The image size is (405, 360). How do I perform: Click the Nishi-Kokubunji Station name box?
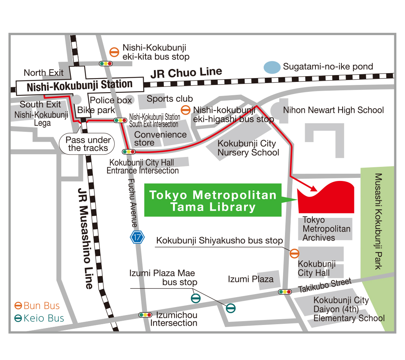[80, 85]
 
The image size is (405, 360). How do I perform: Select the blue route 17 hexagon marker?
[137, 237]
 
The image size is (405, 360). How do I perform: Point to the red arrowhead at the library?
[313, 188]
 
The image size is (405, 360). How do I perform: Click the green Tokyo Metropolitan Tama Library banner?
[213, 200]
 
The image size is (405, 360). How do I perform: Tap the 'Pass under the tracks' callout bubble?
[88, 144]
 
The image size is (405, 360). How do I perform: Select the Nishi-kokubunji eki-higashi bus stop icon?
[186, 110]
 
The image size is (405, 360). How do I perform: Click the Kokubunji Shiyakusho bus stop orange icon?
[295, 253]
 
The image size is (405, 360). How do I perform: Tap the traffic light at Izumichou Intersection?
[146, 315]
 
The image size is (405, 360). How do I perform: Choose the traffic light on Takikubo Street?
[285, 292]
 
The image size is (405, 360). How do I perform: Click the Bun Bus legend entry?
[37, 306]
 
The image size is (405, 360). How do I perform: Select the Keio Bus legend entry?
[39, 318]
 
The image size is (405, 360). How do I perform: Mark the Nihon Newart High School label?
[333, 110]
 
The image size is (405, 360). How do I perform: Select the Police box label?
[111, 101]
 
